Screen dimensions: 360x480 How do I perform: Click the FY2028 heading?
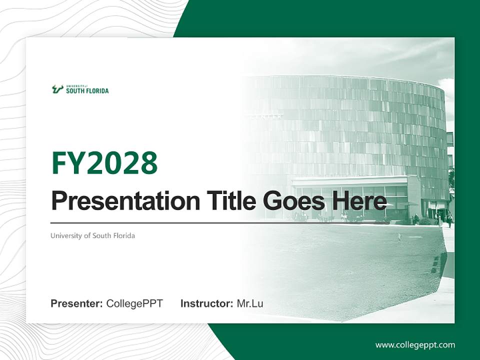tap(104, 163)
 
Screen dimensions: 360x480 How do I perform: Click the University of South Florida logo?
tap(80, 89)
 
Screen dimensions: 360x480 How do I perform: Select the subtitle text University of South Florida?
tap(92, 235)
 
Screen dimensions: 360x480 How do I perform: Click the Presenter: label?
tap(77, 303)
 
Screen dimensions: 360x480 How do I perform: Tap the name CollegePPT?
tap(134, 303)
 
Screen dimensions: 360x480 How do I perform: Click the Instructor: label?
tap(206, 303)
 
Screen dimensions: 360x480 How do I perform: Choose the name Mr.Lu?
tap(250, 303)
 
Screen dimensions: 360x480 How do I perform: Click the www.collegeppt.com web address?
tap(415, 345)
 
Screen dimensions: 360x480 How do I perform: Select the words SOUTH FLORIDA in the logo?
tap(87, 91)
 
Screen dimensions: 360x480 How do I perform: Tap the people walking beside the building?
tap(445, 218)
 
